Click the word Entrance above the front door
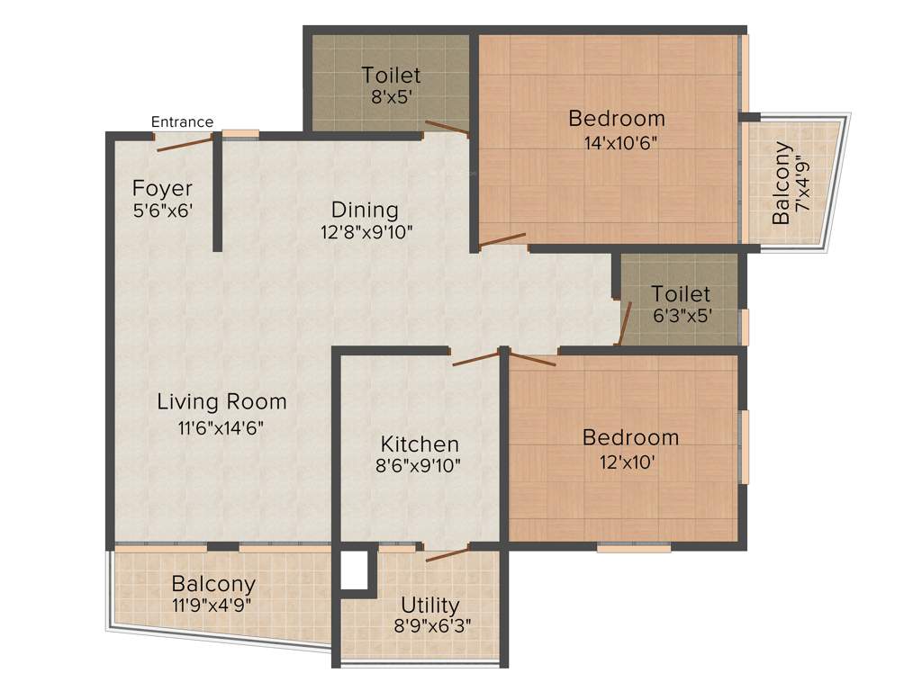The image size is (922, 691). point(182,122)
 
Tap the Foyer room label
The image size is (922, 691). point(162,189)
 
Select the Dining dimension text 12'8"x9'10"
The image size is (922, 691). point(365,231)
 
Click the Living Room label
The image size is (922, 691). point(221,401)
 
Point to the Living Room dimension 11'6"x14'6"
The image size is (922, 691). point(221,427)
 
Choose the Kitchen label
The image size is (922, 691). point(420,444)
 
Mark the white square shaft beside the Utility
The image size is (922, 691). point(355,570)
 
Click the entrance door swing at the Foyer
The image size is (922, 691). point(185,141)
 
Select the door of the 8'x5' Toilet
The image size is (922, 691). point(447,127)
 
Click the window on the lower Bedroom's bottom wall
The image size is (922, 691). point(633,546)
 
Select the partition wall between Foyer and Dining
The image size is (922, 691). point(218,193)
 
